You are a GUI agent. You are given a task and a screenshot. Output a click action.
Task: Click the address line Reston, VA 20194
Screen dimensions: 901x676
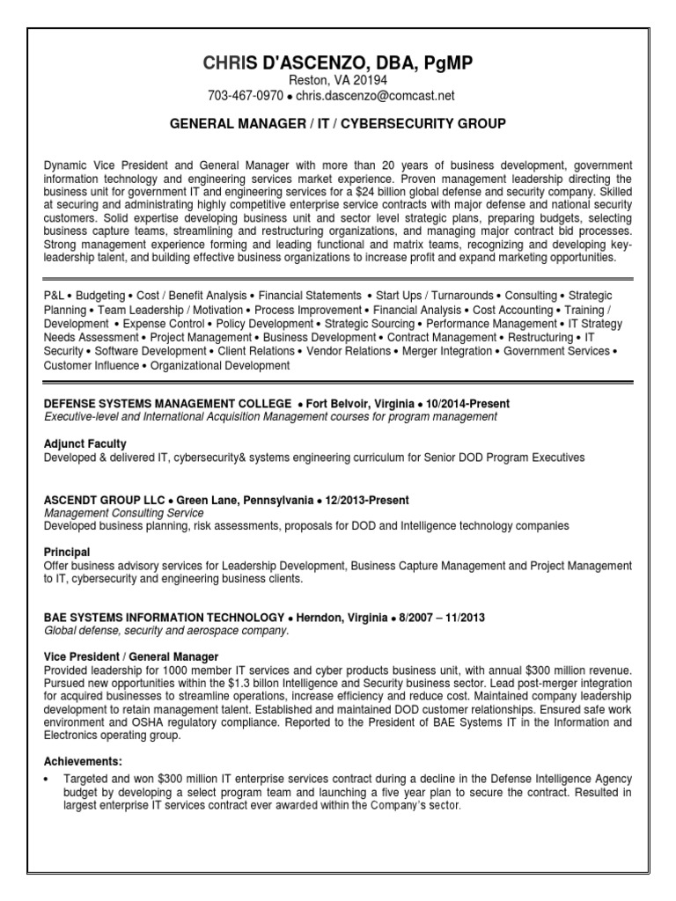point(337,79)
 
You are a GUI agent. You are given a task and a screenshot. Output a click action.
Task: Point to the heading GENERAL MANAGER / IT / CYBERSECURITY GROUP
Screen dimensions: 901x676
point(337,124)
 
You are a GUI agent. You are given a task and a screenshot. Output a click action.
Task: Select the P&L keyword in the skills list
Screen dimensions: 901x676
point(55,296)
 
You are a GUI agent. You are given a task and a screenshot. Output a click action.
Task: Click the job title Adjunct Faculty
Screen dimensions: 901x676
point(84,443)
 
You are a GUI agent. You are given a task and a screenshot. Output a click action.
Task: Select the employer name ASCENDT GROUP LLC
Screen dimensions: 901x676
point(104,500)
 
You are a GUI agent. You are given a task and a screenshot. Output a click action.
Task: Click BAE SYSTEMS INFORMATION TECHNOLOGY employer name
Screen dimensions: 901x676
point(164,618)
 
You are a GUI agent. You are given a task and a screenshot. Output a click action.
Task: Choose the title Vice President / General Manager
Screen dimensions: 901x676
point(131,657)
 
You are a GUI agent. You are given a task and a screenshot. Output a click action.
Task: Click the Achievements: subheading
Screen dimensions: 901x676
point(83,761)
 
